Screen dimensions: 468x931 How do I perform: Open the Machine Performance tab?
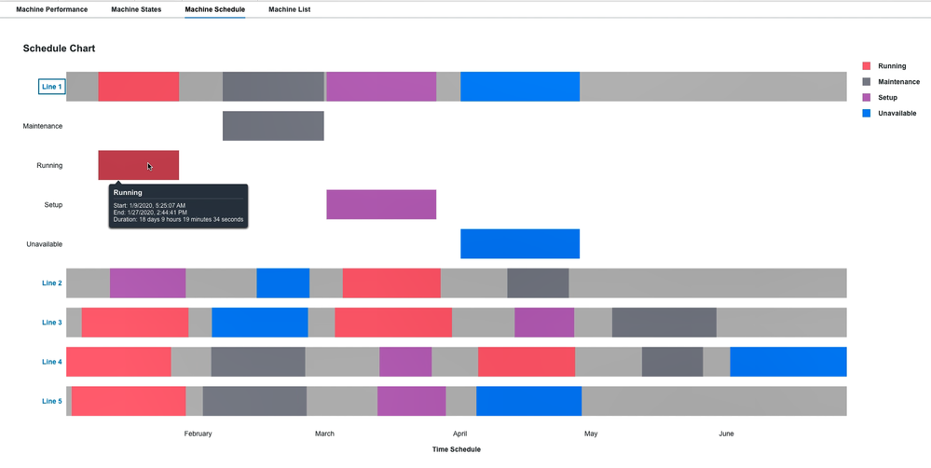[x=51, y=9]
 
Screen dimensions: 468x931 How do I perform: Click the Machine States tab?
[x=136, y=9]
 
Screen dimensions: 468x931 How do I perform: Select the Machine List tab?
[x=289, y=9]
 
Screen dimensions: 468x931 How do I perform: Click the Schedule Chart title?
[x=59, y=48]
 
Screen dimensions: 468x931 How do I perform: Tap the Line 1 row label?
[x=52, y=87]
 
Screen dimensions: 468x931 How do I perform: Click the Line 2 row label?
[x=52, y=283]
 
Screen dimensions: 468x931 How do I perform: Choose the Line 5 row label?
[x=52, y=402]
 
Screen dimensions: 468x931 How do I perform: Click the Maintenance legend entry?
[x=898, y=82]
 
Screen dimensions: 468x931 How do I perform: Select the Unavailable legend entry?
[x=897, y=114]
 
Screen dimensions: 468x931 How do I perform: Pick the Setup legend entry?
[x=887, y=98]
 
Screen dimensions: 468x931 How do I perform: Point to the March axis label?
[x=324, y=434]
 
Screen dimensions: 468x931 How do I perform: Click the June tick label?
[x=726, y=434]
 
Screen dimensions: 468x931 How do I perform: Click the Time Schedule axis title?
[x=457, y=449]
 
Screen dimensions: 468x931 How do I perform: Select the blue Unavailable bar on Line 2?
[x=282, y=283]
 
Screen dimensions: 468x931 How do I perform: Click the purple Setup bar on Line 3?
[x=544, y=323]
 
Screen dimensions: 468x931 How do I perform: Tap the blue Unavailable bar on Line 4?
[x=787, y=362]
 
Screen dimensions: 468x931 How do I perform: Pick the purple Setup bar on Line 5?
[x=411, y=402]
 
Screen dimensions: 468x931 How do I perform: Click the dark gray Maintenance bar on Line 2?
[x=538, y=283]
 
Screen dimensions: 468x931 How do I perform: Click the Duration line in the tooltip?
[x=178, y=220]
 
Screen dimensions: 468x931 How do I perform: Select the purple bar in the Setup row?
[x=381, y=204]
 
